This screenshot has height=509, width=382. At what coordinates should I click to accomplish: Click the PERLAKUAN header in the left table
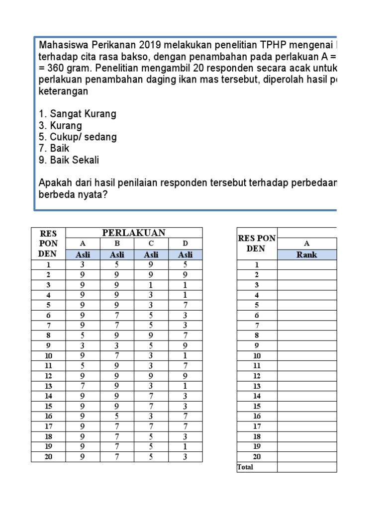[x=134, y=233]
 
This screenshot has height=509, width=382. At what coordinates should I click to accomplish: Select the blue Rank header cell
[x=307, y=254]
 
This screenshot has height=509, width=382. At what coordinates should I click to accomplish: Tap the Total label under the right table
[x=245, y=467]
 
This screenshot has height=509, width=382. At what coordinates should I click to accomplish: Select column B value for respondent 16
[x=117, y=416]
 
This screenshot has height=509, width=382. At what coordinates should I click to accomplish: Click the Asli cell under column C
[x=151, y=254]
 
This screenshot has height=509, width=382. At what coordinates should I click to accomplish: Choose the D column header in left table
[x=185, y=244]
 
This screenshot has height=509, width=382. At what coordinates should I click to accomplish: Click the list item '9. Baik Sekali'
[x=69, y=160]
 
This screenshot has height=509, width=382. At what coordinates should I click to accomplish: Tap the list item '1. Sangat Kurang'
[x=77, y=114]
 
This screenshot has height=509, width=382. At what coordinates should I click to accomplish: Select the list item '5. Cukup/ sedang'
[x=78, y=137]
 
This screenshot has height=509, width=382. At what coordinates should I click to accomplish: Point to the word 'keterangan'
[x=63, y=91]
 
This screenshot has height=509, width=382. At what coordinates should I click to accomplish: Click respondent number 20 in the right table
[x=257, y=456]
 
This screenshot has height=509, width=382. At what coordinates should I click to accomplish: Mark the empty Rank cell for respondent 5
[x=307, y=305]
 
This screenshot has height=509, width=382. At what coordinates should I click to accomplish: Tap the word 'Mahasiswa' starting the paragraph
[x=60, y=45]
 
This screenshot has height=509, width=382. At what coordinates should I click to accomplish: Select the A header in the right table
[x=307, y=244]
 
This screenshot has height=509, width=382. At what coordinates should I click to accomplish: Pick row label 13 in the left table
[x=48, y=386]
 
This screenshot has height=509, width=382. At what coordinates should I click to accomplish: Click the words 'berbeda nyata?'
[x=73, y=195]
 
